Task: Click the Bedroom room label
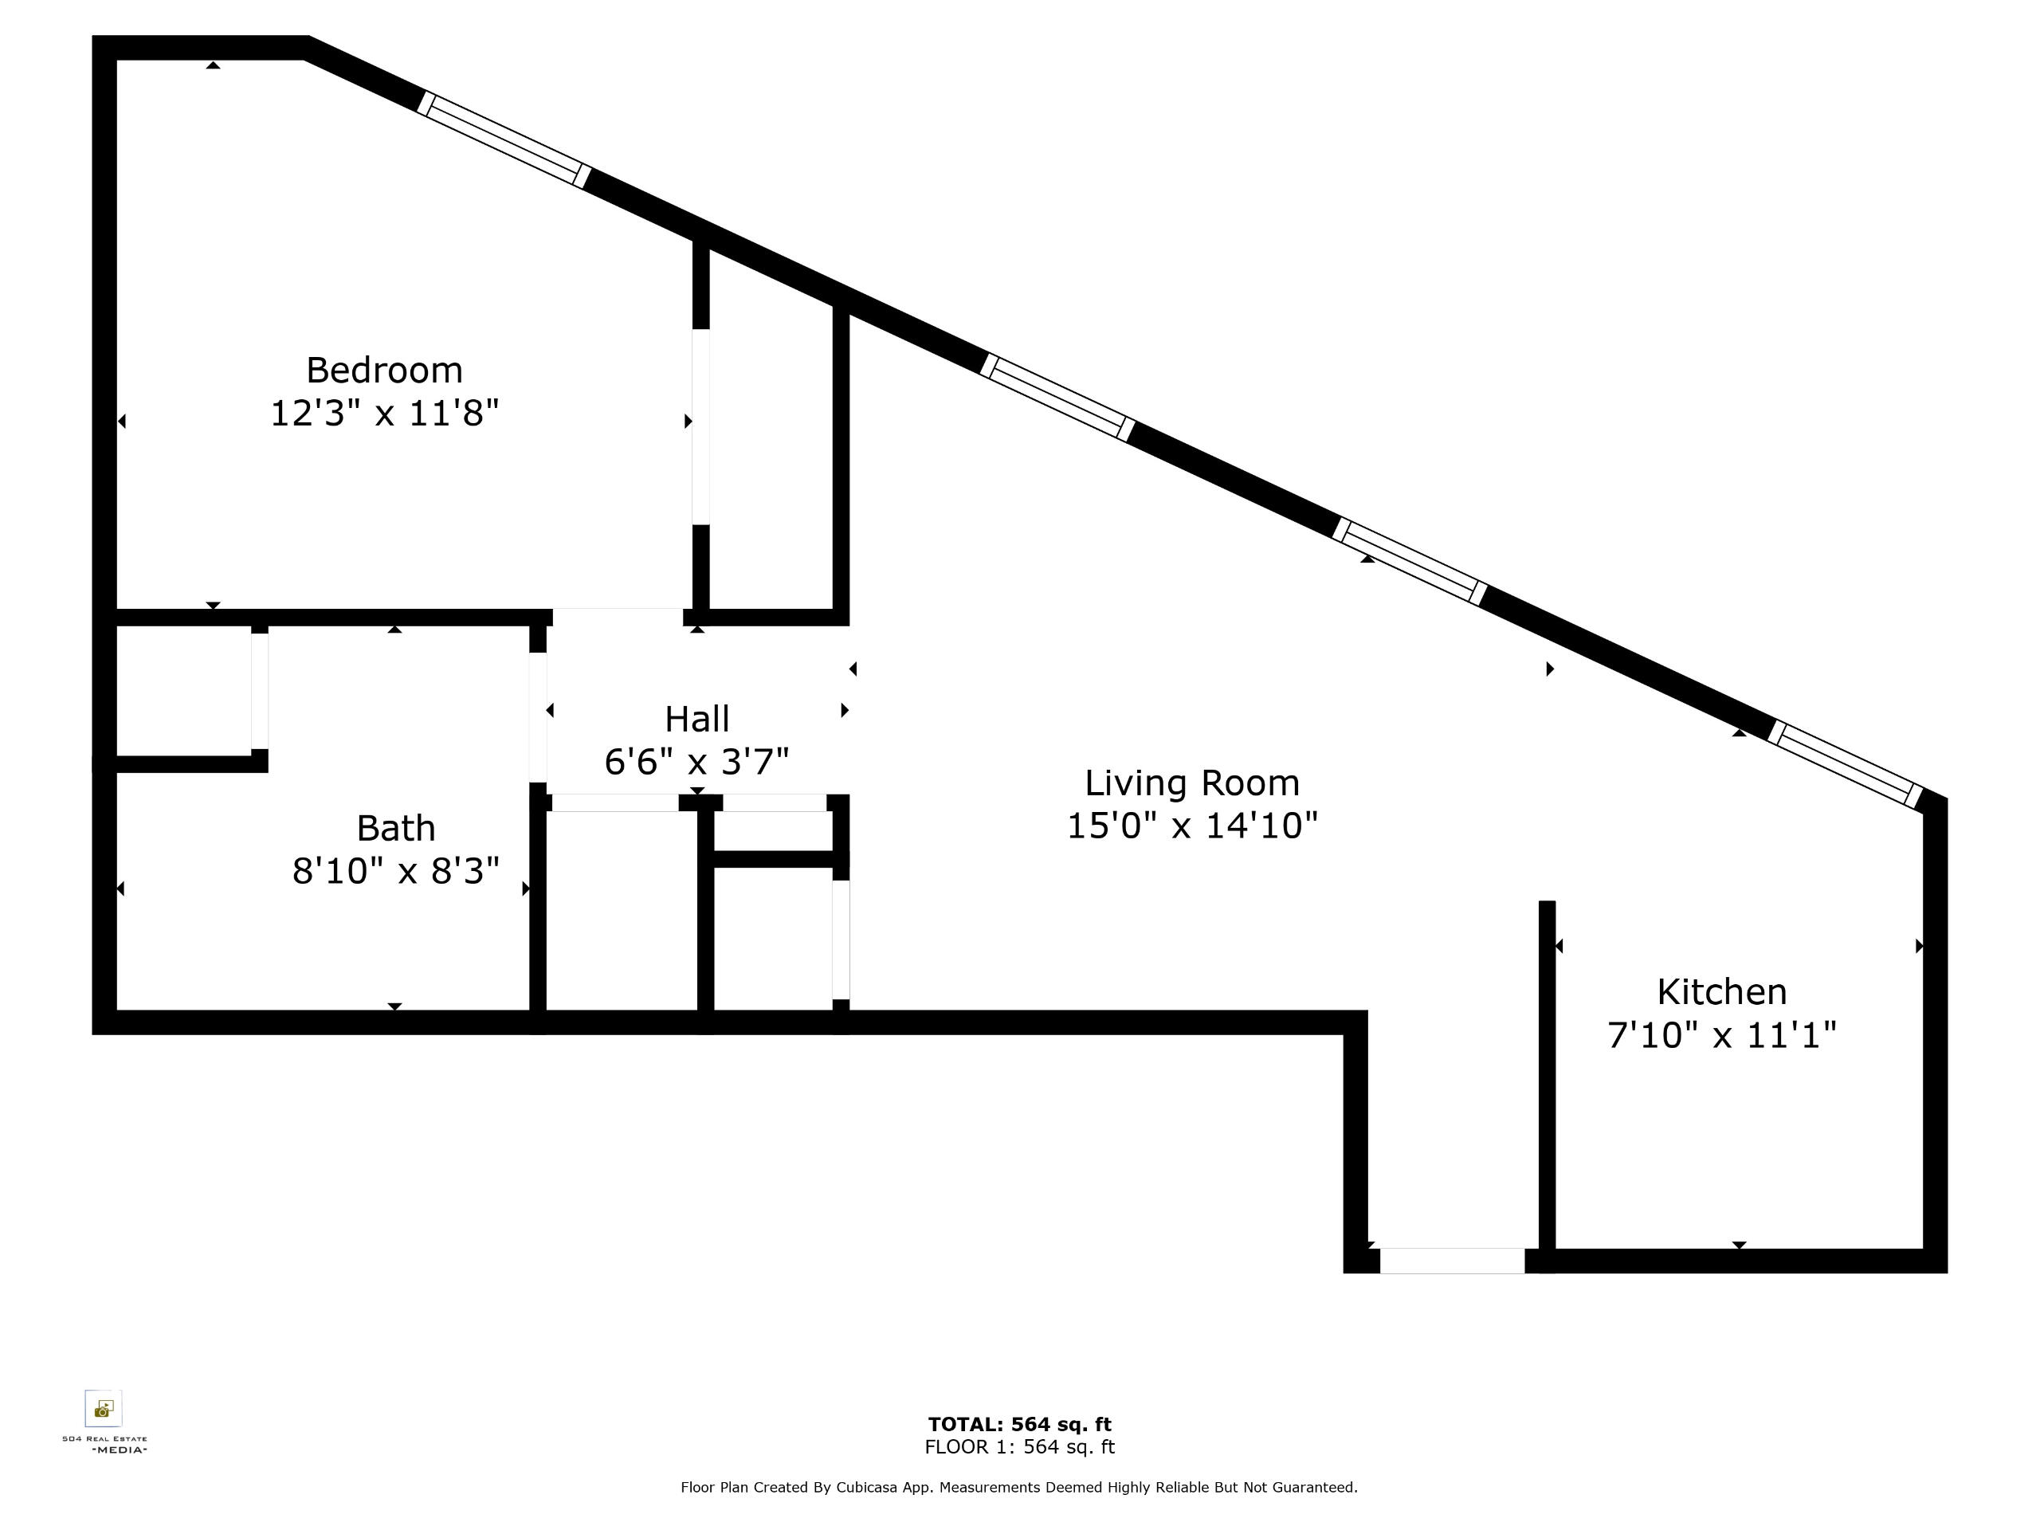[x=385, y=371]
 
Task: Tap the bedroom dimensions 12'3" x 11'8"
[x=385, y=413]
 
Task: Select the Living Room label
[x=1191, y=783]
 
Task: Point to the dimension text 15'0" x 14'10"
[x=1191, y=826]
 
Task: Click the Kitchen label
[x=1722, y=992]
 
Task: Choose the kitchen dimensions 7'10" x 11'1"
[x=1722, y=1035]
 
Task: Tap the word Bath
[x=395, y=828]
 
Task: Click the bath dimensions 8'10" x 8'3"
[x=395, y=871]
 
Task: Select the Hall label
[x=697, y=720]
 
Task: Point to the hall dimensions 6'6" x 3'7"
[x=697, y=762]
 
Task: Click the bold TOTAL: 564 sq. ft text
[x=1020, y=1424]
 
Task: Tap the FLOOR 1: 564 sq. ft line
[x=1020, y=1447]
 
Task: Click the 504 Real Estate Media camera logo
[x=104, y=1408]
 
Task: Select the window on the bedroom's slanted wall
[x=504, y=139]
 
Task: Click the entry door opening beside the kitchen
[x=1452, y=1261]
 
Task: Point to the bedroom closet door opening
[x=701, y=427]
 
